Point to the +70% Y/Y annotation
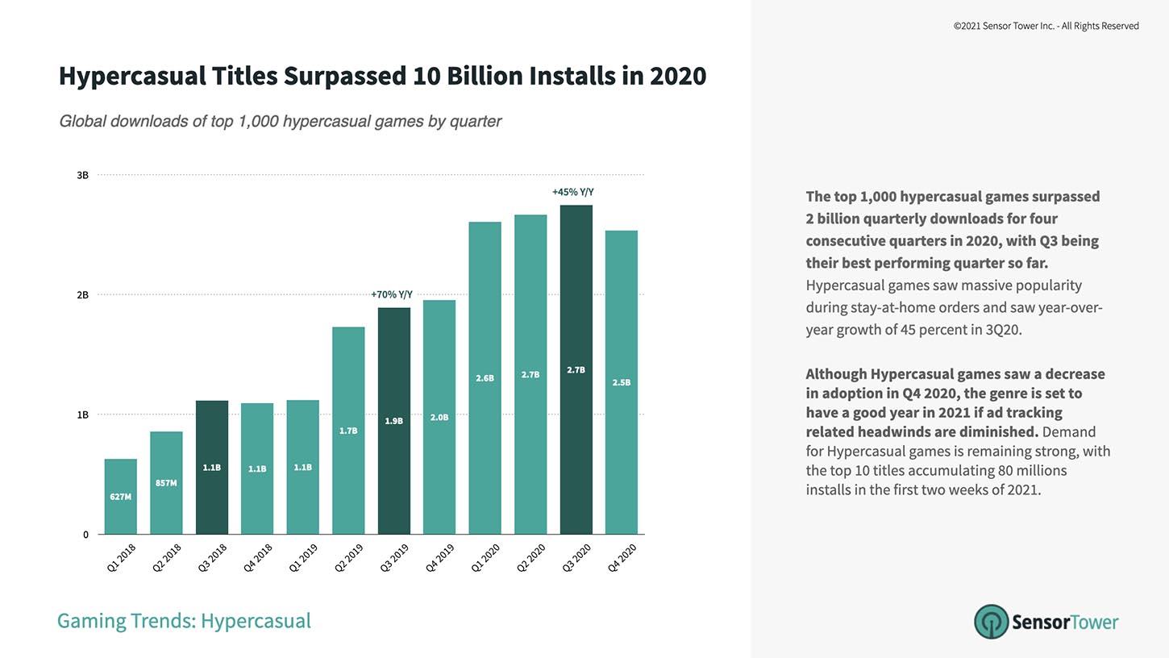392,295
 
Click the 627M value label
120,497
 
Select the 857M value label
166,483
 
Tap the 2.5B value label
622,382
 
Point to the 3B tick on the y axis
82,175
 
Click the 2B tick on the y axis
82,295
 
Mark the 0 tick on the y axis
85,535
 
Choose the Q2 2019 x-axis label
349,558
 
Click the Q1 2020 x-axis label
485,558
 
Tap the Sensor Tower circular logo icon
991,622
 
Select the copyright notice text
1046,26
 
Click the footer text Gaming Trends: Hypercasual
184,621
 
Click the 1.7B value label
348,431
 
